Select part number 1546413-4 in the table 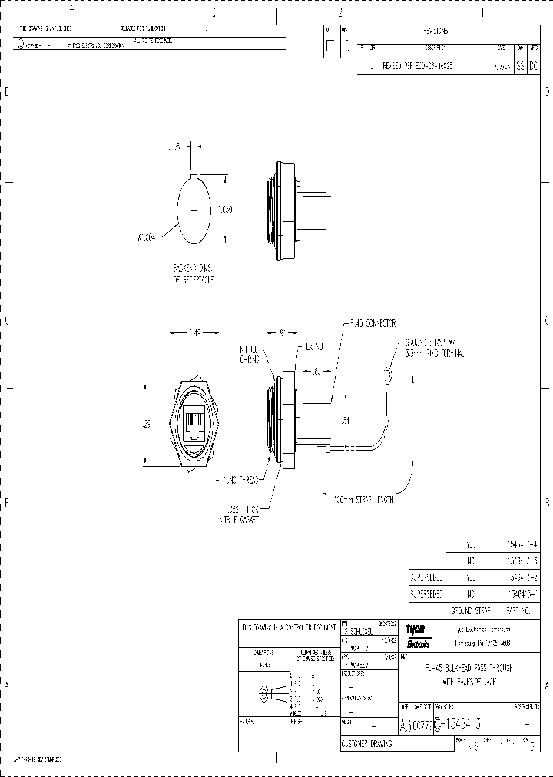[523, 544]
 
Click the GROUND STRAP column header [471, 611]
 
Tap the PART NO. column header [521, 611]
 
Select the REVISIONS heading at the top [435, 31]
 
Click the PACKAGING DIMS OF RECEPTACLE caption [193, 274]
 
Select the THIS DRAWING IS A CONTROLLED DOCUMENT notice [287, 627]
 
